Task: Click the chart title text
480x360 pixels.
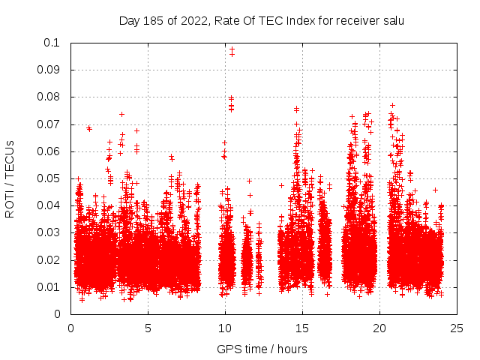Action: (262, 21)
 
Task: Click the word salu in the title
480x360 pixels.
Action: (393, 21)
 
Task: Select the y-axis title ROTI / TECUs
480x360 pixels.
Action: (10, 178)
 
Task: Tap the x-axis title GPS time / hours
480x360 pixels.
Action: (262, 349)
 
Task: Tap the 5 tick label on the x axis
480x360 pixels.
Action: (148, 328)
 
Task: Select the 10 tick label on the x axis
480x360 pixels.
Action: (225, 328)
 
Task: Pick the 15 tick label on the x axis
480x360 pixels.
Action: (302, 328)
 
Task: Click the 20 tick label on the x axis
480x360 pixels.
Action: (379, 328)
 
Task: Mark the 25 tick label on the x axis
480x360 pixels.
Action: (457, 328)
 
